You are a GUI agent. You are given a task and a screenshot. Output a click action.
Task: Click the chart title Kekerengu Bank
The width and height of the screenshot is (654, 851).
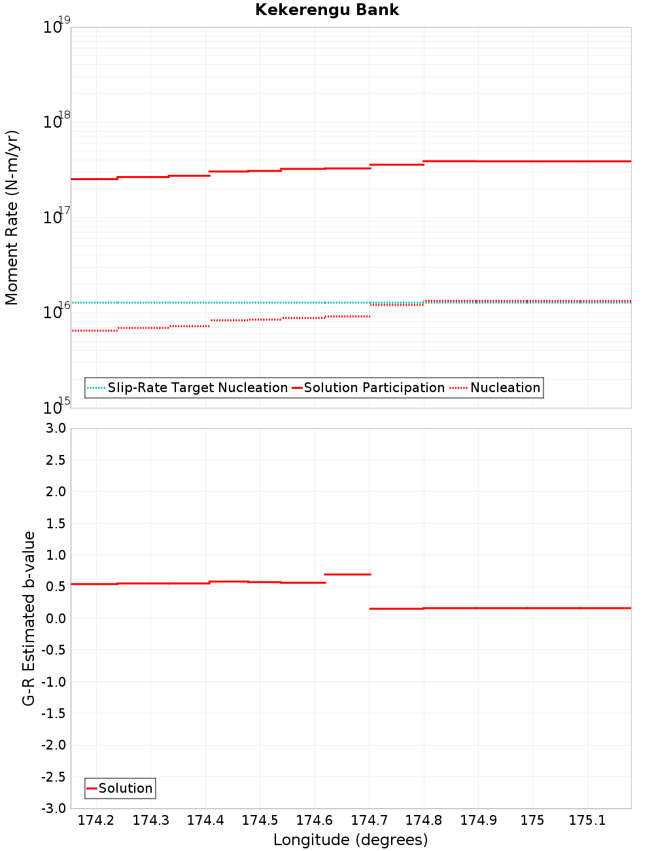pyautogui.click(x=327, y=10)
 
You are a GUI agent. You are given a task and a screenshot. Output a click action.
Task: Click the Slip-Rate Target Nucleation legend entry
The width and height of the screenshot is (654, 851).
pyautogui.click(x=197, y=388)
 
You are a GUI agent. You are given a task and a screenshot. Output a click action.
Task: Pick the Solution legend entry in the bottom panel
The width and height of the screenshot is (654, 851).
pyautogui.click(x=125, y=788)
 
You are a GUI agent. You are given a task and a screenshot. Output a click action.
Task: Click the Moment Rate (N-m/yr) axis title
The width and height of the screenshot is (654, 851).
pyautogui.click(x=12, y=217)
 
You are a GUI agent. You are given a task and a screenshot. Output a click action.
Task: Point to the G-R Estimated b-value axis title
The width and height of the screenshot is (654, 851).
pyautogui.click(x=29, y=618)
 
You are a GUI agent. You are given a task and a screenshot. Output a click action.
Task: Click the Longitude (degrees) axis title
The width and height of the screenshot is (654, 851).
pyautogui.click(x=351, y=840)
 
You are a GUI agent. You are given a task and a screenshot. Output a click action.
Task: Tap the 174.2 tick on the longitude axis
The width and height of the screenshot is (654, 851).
pyautogui.click(x=96, y=820)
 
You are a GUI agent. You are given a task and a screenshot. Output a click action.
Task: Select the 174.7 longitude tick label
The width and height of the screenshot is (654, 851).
pyautogui.click(x=369, y=820)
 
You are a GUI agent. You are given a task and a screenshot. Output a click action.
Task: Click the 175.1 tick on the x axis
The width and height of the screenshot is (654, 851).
pyautogui.click(x=587, y=820)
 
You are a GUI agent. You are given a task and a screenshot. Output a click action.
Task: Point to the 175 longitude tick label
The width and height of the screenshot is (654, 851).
pyautogui.click(x=532, y=820)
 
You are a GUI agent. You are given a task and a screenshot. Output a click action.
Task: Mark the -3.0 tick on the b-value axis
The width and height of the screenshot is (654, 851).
pyautogui.click(x=53, y=808)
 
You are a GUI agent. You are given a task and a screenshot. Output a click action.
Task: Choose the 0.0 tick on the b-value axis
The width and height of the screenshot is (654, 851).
pyautogui.click(x=55, y=619)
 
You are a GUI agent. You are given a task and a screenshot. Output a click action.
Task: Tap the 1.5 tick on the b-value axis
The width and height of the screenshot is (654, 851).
pyautogui.click(x=55, y=523)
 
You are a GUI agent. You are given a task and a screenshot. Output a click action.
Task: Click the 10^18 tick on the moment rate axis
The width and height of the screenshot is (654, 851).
pyautogui.click(x=56, y=121)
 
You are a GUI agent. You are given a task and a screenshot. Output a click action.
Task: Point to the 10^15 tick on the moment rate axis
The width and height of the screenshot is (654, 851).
pyautogui.click(x=56, y=407)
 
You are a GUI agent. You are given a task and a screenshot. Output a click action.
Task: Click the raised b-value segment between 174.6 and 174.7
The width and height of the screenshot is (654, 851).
pyautogui.click(x=347, y=574)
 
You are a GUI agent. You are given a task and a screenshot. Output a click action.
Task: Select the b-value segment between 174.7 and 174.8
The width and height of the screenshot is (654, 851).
pyautogui.click(x=396, y=609)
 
